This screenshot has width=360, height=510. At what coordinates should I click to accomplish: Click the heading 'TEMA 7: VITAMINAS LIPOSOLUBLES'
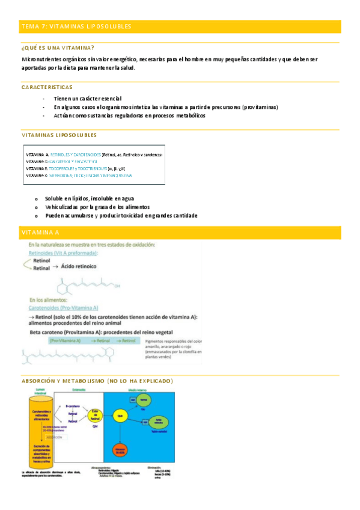point(76,26)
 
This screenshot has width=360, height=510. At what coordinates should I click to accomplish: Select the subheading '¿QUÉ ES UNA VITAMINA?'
point(57,48)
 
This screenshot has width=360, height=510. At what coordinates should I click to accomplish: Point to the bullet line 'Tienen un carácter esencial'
point(87,98)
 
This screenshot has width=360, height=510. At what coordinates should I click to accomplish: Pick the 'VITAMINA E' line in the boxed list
point(75,169)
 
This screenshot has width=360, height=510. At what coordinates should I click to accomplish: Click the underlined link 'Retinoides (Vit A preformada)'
point(64,254)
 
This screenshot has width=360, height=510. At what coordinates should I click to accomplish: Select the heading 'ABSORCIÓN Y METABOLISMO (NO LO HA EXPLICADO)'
point(97,381)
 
